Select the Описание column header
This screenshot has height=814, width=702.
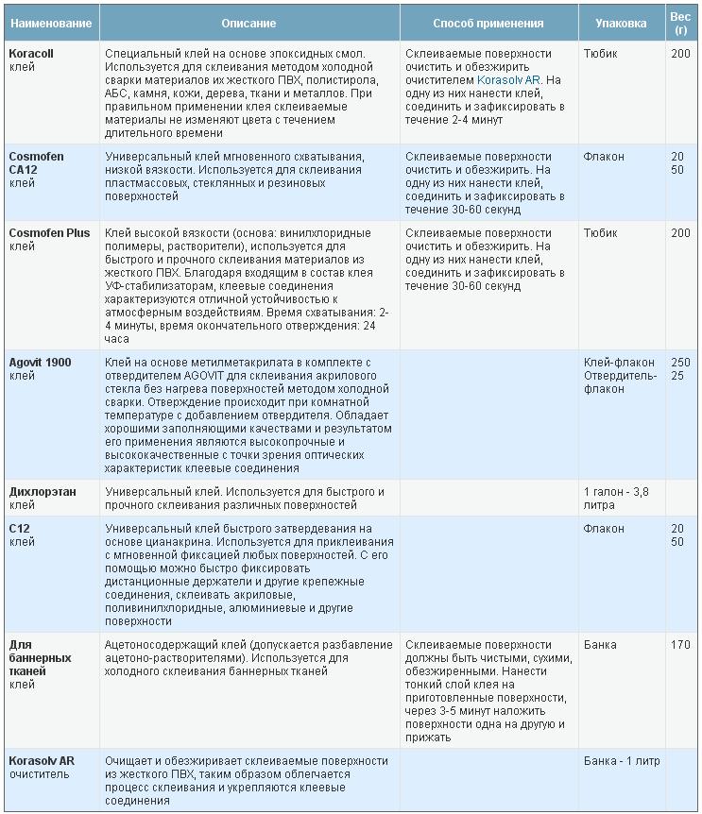click(x=248, y=23)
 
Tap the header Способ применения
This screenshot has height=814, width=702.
click(x=488, y=23)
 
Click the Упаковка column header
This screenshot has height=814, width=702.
click(x=621, y=23)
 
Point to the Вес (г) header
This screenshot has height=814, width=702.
click(x=679, y=23)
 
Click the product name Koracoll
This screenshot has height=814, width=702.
click(x=31, y=54)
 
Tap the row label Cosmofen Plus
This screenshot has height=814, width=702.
click(x=49, y=232)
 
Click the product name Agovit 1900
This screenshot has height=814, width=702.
click(x=40, y=363)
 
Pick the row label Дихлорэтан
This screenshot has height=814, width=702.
click(x=43, y=492)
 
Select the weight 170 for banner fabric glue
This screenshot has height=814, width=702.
click(x=680, y=645)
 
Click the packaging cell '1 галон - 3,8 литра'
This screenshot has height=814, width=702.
click(x=622, y=499)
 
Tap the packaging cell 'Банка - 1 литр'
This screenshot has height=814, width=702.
click(x=622, y=760)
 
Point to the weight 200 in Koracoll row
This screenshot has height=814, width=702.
click(x=680, y=54)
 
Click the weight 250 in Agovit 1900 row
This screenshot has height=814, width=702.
click(x=680, y=363)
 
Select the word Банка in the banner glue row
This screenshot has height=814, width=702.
click(x=600, y=645)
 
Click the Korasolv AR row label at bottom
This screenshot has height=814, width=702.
click(x=42, y=760)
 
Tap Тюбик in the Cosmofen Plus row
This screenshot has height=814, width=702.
click(x=601, y=232)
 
